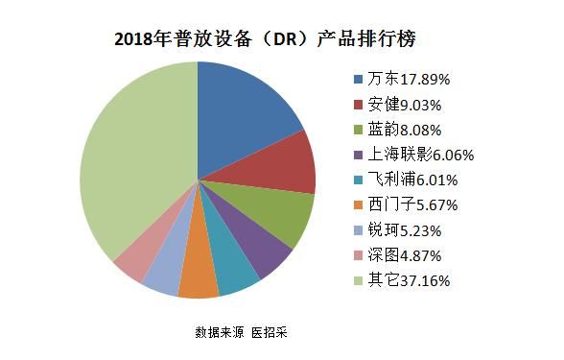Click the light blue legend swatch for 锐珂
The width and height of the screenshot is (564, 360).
coord(359,230)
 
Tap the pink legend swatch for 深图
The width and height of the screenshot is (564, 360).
coord(359,255)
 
